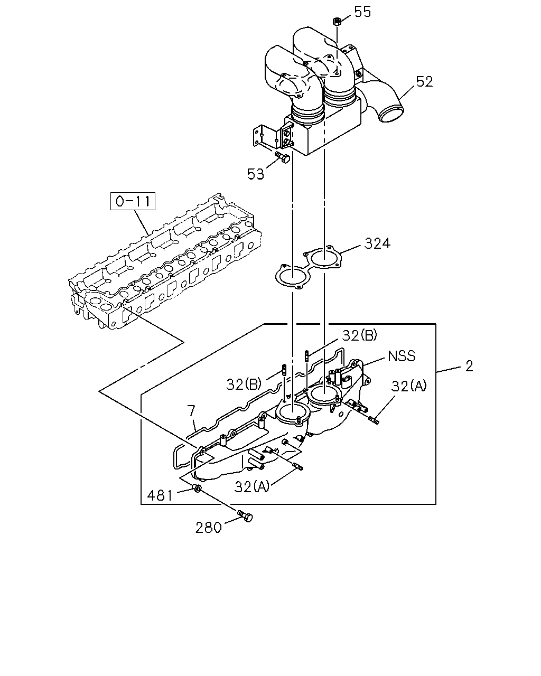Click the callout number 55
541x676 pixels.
(362, 12)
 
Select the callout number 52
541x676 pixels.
(424, 82)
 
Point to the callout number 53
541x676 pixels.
(256, 174)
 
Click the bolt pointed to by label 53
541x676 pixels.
(282, 157)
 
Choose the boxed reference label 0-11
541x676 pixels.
(133, 201)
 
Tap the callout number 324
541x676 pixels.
(377, 243)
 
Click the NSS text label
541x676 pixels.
(402, 356)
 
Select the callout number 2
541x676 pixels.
(469, 367)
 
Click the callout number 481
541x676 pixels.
(160, 496)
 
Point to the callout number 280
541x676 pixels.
(208, 528)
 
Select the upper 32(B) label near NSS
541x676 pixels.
(359, 335)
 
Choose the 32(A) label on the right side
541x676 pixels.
(409, 386)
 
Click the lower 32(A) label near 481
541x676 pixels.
(252, 486)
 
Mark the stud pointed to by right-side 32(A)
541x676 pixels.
(374, 420)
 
